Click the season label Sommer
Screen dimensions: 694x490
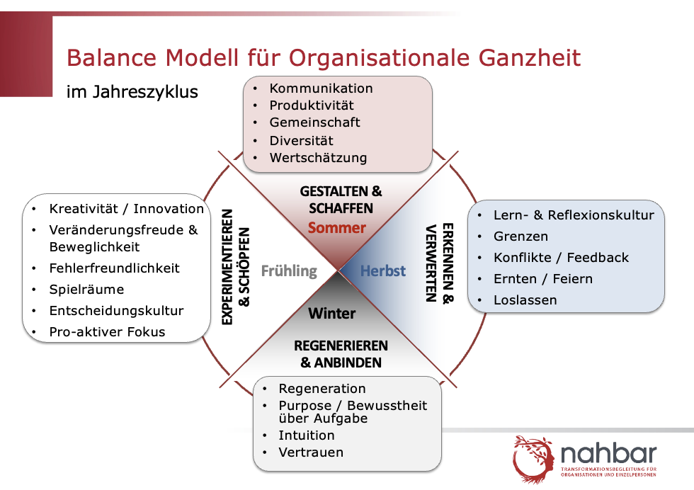337,227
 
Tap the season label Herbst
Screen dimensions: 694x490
383,270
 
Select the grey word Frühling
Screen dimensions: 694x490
289,271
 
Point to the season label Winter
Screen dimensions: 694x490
332,314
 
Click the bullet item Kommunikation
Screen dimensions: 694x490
321,88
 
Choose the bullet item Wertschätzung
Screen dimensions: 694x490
318,158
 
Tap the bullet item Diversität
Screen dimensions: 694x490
302,141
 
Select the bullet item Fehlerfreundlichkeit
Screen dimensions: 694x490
114,268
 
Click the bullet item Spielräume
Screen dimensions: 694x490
86,290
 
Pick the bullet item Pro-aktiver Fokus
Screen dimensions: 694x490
107,332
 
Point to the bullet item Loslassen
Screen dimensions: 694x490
525,300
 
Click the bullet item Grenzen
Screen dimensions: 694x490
521,237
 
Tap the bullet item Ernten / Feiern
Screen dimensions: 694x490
543,279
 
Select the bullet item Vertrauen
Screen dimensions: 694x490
311,452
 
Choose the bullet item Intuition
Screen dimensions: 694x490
307,435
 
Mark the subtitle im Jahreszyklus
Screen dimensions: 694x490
132,92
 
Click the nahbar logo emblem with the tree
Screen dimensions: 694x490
533,459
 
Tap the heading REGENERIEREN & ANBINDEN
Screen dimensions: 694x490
341,354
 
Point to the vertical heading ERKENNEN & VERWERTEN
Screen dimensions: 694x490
440,263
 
